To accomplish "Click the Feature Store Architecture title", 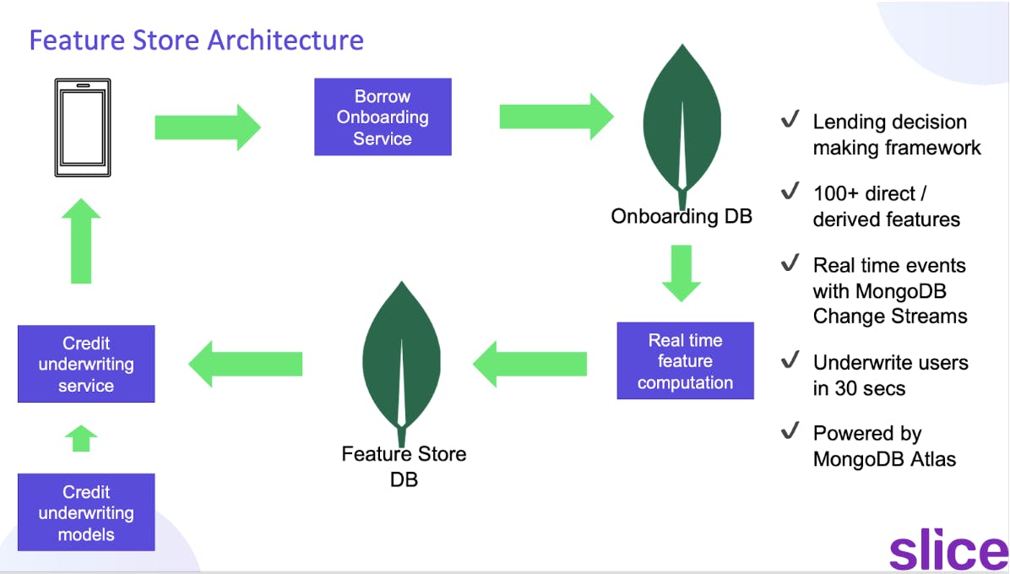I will tap(196, 40).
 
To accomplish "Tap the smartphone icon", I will tap(82, 129).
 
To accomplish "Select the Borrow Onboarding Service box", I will tap(383, 117).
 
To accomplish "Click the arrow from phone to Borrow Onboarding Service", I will tap(208, 127).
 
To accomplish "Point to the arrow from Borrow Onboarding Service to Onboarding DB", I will tap(556, 116).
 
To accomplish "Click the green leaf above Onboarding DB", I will tap(682, 118).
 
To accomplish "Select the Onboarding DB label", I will tap(681, 216).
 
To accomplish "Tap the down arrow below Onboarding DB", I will tap(681, 272).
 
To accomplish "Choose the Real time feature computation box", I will tap(685, 361).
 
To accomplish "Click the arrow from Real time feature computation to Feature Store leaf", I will tap(529, 364).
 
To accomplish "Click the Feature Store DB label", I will tap(404, 466).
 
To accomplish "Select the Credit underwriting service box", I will tap(86, 365).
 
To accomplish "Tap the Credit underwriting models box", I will tap(86, 512).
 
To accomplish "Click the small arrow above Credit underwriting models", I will tap(81, 438).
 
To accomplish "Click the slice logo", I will tap(948, 550).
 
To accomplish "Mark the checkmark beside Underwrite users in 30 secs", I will tap(790, 360).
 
